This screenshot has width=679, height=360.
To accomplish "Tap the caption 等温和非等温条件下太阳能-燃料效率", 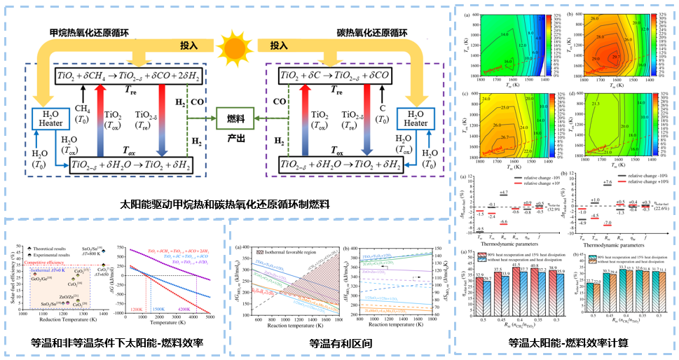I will pos(113,343).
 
